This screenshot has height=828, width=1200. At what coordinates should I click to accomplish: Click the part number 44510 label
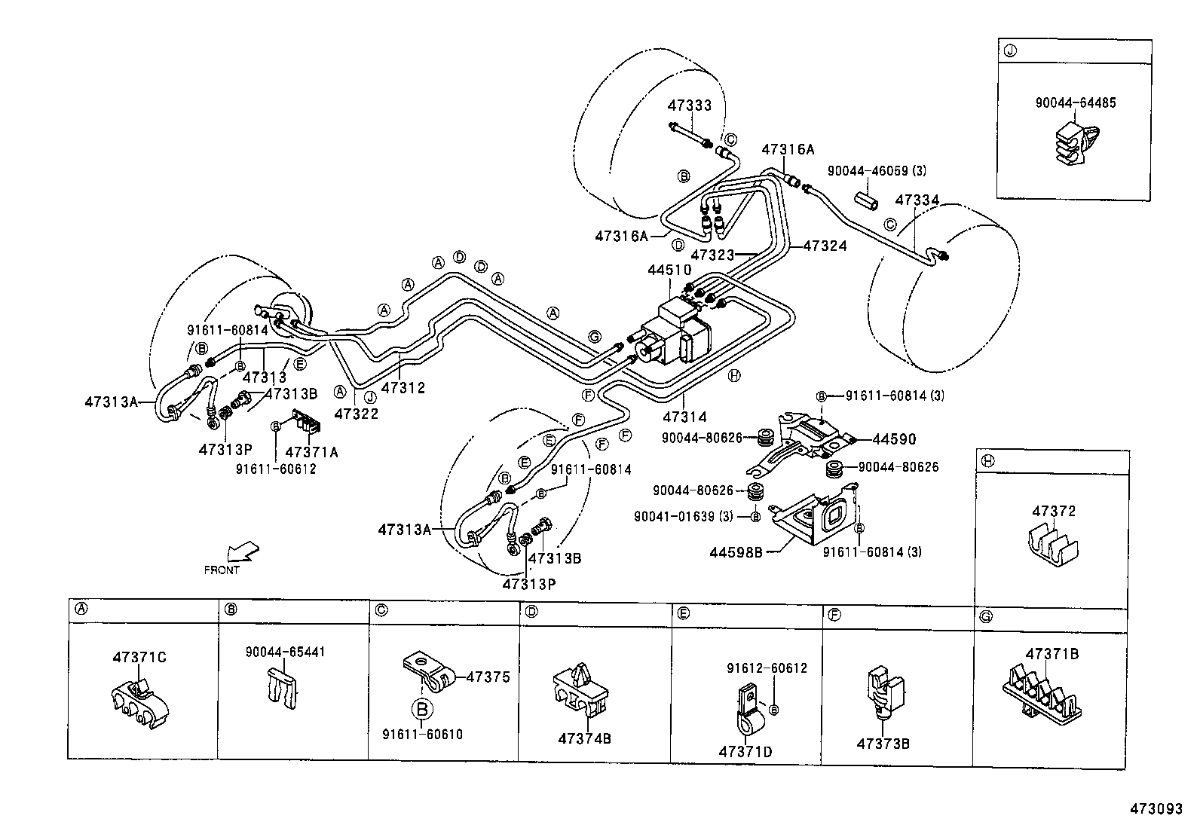(x=669, y=270)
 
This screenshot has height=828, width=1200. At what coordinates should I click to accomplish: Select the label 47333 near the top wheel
(x=690, y=105)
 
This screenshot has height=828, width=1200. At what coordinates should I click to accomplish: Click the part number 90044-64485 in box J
(x=1075, y=102)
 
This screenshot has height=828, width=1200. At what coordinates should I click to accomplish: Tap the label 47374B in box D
(x=584, y=738)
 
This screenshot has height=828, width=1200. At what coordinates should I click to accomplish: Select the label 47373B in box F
(x=883, y=744)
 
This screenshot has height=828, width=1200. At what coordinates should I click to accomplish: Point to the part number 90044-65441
(x=285, y=652)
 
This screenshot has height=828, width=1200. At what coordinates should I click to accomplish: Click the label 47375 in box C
(x=488, y=677)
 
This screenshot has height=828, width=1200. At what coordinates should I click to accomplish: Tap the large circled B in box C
(x=423, y=708)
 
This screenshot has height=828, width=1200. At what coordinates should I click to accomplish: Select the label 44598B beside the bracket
(x=736, y=551)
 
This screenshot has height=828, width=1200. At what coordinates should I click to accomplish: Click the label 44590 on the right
(x=895, y=438)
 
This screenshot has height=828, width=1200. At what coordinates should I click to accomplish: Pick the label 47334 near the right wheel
(x=917, y=200)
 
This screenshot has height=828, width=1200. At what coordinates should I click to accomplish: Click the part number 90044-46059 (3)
(x=877, y=171)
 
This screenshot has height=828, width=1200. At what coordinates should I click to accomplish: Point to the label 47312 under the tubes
(x=403, y=388)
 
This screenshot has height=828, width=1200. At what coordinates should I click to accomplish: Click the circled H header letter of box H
(x=987, y=460)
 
